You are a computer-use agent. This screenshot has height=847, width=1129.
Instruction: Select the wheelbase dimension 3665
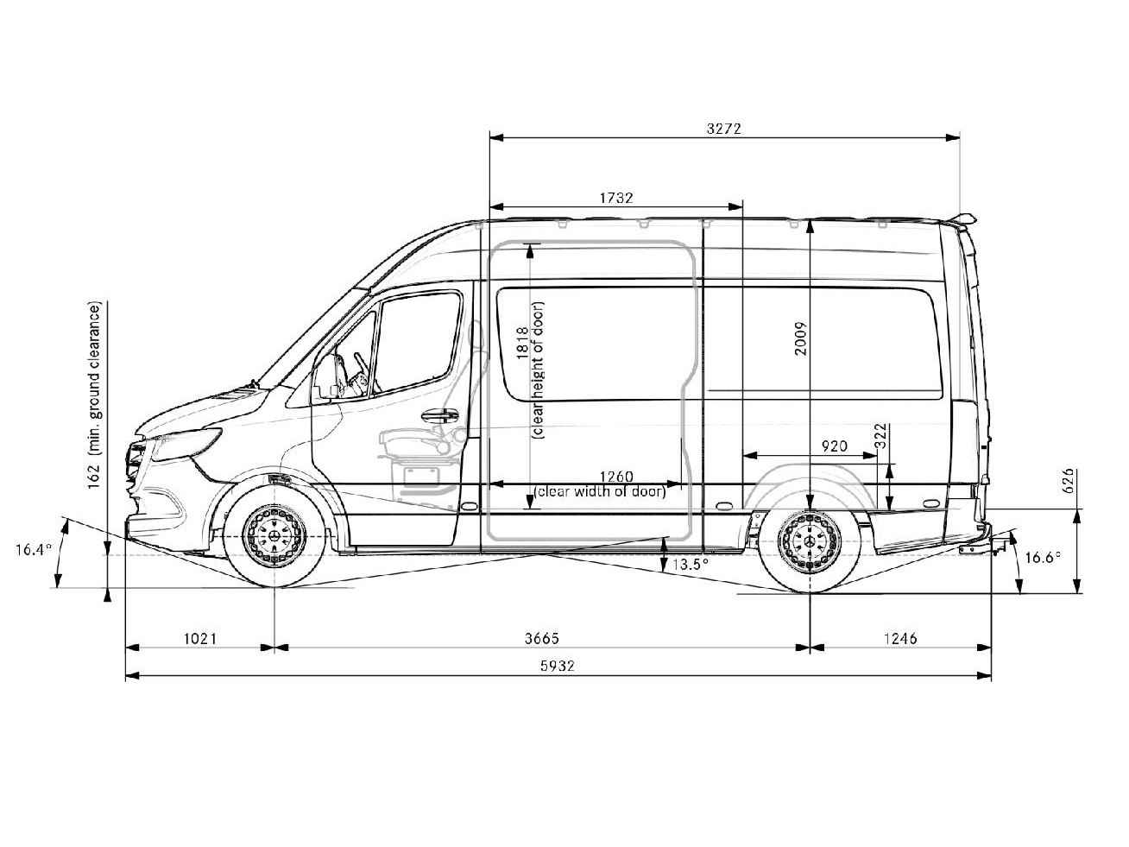click(542, 639)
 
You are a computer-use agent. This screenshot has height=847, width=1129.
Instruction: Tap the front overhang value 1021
click(199, 639)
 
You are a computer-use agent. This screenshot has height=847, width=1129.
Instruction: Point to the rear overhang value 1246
click(900, 639)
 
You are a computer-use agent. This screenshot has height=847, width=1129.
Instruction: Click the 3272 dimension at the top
click(723, 130)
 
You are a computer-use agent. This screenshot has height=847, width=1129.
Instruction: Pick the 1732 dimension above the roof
click(616, 198)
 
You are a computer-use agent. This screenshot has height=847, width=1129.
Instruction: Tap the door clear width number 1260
click(616, 477)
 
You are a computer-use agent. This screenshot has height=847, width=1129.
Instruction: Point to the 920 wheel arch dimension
click(834, 446)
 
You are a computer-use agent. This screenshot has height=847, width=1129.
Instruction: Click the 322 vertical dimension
click(880, 439)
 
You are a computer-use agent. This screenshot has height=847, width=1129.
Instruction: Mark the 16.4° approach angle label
click(34, 548)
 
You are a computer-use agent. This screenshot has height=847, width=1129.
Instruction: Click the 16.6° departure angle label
click(1043, 558)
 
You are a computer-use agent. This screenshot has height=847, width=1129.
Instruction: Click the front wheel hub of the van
click(274, 537)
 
